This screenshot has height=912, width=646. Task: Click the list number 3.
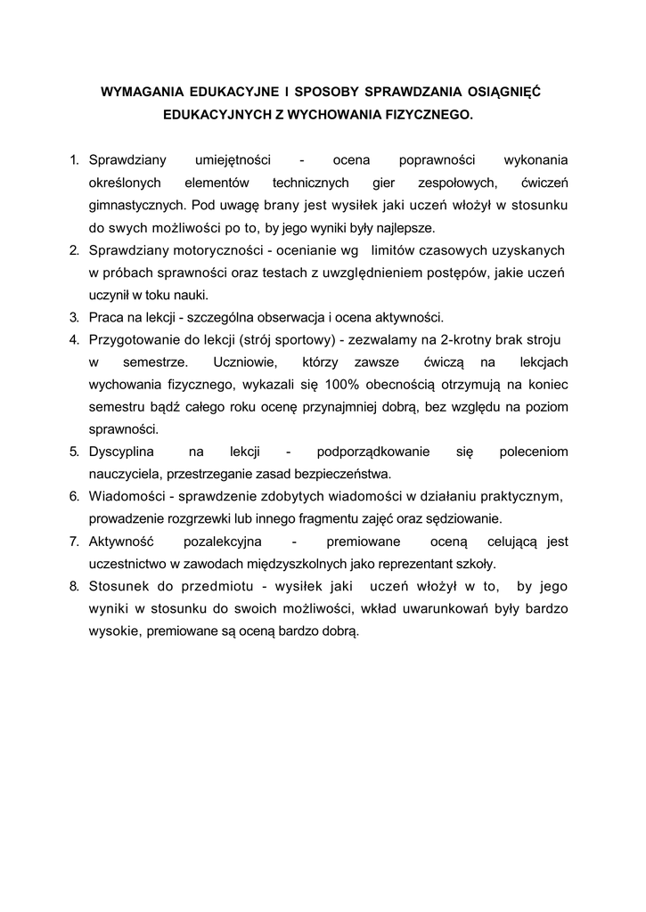pos(74,317)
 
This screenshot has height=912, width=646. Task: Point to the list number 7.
pos(74,541)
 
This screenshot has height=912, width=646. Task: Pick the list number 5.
pos(74,452)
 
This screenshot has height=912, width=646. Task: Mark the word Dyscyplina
pos(128,452)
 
